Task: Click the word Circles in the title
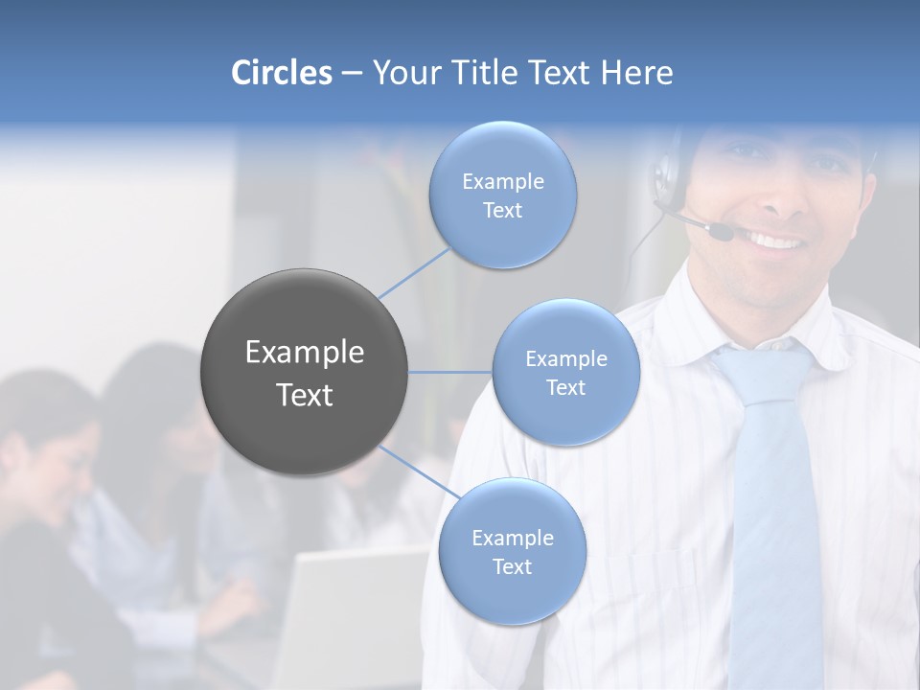tap(281, 73)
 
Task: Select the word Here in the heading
tap(636, 73)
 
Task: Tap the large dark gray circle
tap(305, 372)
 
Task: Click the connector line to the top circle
tap(415, 273)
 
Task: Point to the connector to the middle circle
tap(450, 372)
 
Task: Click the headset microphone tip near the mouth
tap(720, 231)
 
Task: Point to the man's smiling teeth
tap(776, 241)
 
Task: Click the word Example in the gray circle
tap(305, 353)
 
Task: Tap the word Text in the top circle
tap(502, 211)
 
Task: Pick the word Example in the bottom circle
tap(512, 539)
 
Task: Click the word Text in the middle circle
tap(565, 388)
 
